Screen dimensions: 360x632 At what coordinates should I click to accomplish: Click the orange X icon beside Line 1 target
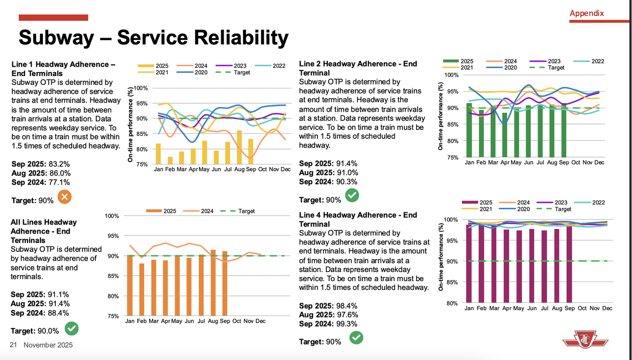click(65, 198)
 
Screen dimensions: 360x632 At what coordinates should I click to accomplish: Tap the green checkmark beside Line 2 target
click(352, 196)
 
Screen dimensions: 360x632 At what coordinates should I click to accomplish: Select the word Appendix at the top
click(587, 13)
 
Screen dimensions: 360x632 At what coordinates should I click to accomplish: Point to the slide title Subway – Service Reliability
click(153, 38)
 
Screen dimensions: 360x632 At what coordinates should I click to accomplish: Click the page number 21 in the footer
click(13, 345)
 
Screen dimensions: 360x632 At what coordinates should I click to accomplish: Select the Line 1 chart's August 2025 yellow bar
click(239, 147)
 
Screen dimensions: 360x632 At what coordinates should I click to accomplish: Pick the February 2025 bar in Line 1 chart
click(170, 160)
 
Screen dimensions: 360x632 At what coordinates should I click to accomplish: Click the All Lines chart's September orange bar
click(224, 283)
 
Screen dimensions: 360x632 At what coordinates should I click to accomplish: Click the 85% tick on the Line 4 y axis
click(452, 282)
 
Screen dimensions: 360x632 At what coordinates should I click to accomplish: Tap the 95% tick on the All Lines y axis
click(113, 236)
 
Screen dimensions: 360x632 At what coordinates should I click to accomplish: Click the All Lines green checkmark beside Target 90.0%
click(72, 327)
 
